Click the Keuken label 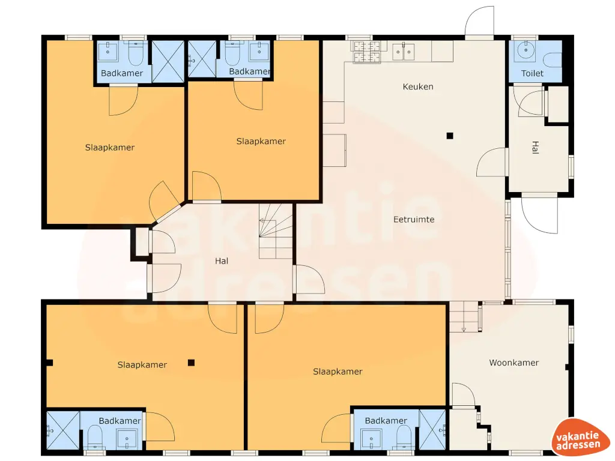click(417, 86)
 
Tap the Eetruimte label click(414, 220)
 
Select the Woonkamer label click(514, 363)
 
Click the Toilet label click(532, 73)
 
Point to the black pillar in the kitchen click(449, 136)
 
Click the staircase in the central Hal click(276, 231)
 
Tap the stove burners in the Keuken click(366, 52)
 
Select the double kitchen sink click(404, 52)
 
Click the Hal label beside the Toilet click(535, 148)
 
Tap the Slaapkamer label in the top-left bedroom click(110, 148)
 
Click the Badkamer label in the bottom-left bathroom click(120, 421)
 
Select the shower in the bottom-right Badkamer click(433, 429)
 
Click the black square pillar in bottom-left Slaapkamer click(191, 362)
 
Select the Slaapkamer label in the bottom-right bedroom click(338, 372)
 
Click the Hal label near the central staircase click(222, 261)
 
